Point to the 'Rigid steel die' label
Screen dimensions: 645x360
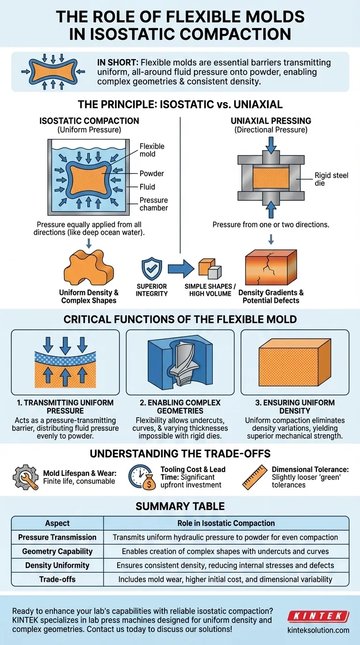click(x=331, y=180)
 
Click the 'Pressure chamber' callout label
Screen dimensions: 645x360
click(x=154, y=204)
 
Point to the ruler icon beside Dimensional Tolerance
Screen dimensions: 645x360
click(x=255, y=478)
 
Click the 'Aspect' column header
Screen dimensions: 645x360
click(x=57, y=523)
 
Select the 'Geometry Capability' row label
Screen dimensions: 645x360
click(x=57, y=551)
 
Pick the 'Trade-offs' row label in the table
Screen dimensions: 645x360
click(x=57, y=579)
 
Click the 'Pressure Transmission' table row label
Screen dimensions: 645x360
click(x=57, y=537)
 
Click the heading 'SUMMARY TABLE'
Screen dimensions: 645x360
click(x=180, y=506)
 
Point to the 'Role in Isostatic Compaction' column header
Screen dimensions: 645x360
click(x=226, y=523)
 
